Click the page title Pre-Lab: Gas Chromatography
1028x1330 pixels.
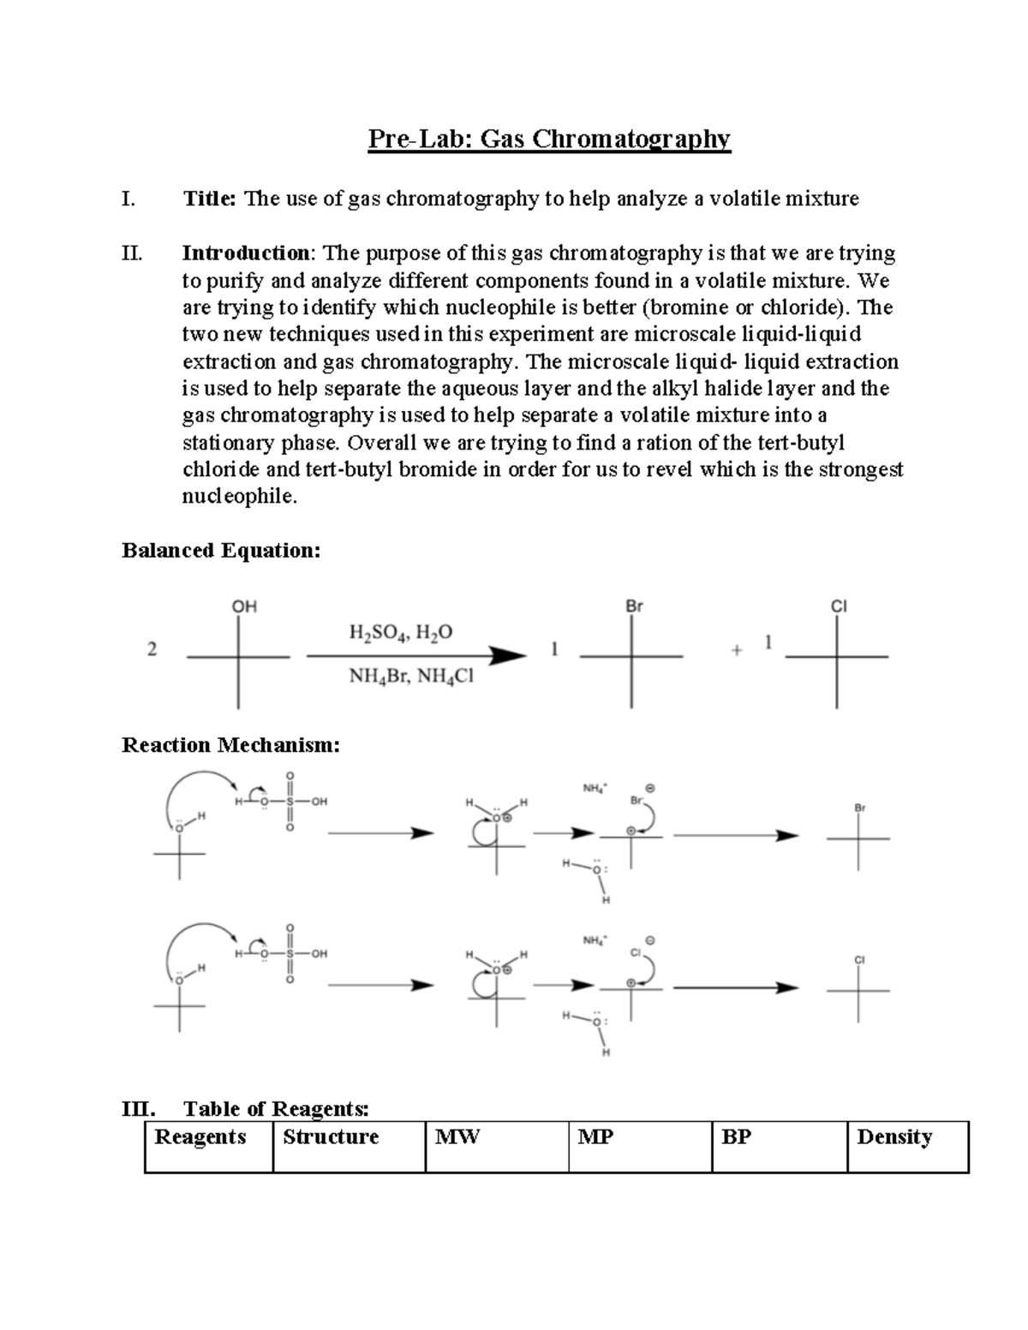pos(549,139)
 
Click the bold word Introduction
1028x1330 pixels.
pos(247,253)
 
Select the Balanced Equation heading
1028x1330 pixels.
pos(221,551)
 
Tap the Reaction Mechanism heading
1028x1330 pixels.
pos(230,745)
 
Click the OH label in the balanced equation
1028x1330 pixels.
pos(244,606)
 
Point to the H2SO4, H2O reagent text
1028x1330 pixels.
pos(401,633)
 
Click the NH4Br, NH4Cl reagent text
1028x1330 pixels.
pos(410,677)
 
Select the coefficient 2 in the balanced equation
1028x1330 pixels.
pos(152,649)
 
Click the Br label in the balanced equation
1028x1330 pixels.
pos(634,606)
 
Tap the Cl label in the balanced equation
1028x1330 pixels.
pos(839,606)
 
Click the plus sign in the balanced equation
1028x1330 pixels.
pos(736,651)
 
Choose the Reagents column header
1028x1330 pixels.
pos(200,1137)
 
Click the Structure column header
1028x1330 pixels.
pos(331,1137)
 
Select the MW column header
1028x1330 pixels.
pos(457,1137)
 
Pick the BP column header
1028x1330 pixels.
pos(737,1137)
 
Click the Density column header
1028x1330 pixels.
pos(894,1137)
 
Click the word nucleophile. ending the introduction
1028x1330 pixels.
pos(240,497)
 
